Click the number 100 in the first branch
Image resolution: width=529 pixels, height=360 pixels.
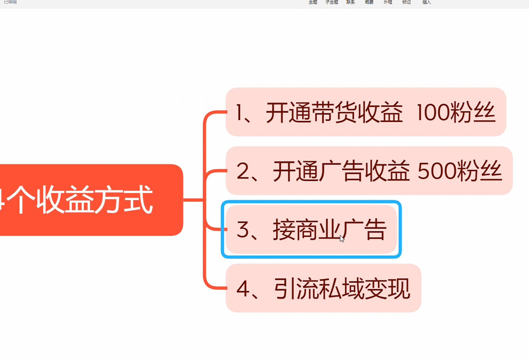click(x=432, y=112)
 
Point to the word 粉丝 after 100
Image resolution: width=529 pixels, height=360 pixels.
click(x=473, y=112)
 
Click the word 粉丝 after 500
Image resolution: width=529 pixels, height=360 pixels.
click(x=480, y=171)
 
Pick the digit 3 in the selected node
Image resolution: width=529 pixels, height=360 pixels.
click(x=243, y=229)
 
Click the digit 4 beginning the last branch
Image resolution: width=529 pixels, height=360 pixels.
click(x=243, y=288)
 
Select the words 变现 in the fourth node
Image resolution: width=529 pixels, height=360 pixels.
click(x=387, y=288)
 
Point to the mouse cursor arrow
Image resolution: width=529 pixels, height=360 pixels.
click(x=342, y=239)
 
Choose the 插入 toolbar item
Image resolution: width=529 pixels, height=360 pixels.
click(x=426, y=2)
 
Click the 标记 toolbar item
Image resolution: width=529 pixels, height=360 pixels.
click(x=407, y=2)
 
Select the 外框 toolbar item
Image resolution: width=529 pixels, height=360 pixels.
click(x=388, y=2)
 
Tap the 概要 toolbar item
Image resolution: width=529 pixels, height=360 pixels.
click(x=369, y=2)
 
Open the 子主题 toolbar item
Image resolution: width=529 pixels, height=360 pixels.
click(x=332, y=2)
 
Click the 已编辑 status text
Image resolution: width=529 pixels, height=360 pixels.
click(x=10, y=2)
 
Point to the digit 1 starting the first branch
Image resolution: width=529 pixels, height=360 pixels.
click(x=239, y=112)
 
